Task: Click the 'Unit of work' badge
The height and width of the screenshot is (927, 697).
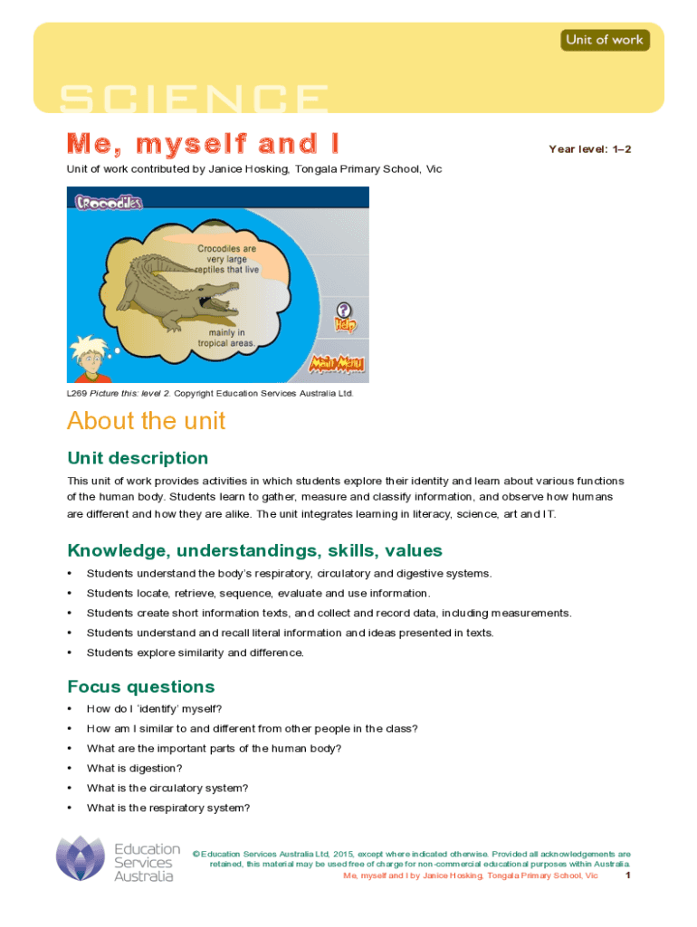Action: (605, 40)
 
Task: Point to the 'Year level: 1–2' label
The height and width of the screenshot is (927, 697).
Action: (589, 148)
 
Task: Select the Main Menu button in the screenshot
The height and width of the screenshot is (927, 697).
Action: (337, 364)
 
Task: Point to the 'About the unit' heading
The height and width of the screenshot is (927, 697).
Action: (146, 421)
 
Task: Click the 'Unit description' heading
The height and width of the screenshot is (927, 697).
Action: (138, 458)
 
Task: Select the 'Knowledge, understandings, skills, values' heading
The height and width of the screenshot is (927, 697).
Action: (254, 550)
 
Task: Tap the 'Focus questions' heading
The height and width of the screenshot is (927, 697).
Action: (140, 686)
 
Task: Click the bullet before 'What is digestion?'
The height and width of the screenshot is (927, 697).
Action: (70, 769)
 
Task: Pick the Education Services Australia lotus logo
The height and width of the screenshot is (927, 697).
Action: (81, 858)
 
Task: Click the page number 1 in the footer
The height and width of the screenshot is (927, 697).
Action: (627, 876)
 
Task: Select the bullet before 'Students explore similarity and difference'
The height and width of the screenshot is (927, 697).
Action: (70, 653)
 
